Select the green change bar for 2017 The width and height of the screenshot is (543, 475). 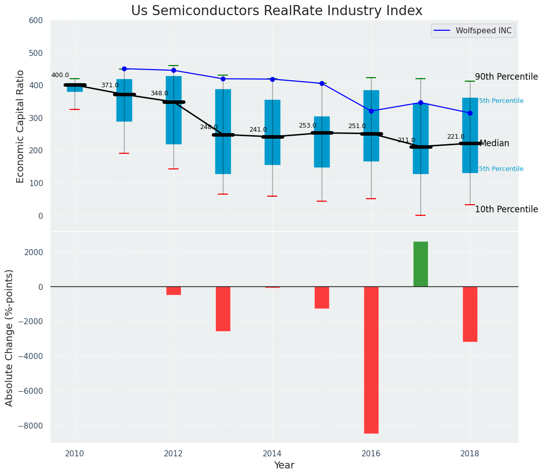(x=420, y=264)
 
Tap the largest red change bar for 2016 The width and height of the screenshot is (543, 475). (x=371, y=360)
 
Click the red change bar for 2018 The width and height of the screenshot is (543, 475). (x=470, y=314)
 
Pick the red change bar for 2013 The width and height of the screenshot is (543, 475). (x=223, y=309)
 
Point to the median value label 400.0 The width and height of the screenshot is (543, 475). (x=60, y=75)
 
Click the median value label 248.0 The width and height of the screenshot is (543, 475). (x=209, y=127)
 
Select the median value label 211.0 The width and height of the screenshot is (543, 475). (x=406, y=140)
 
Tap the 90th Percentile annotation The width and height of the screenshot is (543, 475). (x=506, y=77)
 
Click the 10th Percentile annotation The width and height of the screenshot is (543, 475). (x=506, y=209)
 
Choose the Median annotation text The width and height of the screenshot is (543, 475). (x=494, y=143)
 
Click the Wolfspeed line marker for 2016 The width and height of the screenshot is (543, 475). (x=371, y=111)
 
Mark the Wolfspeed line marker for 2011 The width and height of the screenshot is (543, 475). (x=124, y=69)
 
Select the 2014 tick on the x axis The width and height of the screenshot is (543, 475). (x=272, y=453)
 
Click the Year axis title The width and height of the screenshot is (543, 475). (x=284, y=465)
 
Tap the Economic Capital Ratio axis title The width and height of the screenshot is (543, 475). (x=21, y=126)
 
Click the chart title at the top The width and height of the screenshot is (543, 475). (x=276, y=11)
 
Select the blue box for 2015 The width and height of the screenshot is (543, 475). (x=322, y=142)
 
